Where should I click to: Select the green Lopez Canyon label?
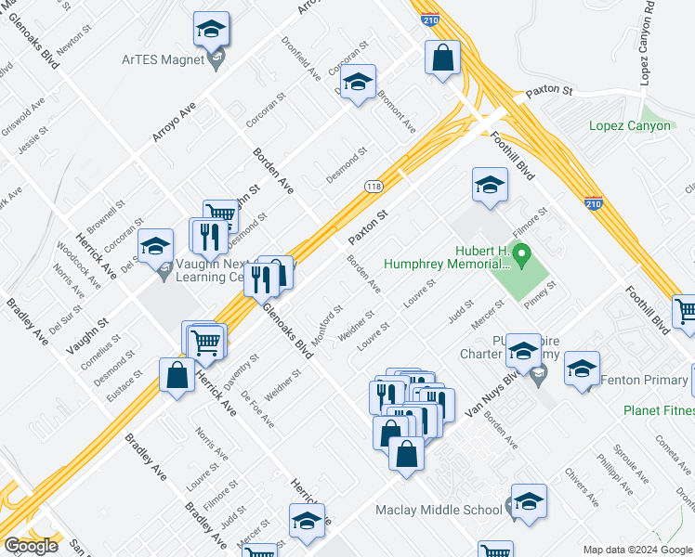tap(629, 125)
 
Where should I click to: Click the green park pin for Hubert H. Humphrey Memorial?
tap(522, 252)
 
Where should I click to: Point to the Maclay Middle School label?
tap(439, 510)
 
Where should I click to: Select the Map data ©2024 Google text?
tap(637, 550)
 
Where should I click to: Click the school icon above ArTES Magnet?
tap(212, 32)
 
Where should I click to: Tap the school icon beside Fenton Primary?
tap(582, 369)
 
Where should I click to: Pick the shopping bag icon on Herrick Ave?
tap(177, 376)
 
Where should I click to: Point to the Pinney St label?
tap(539, 291)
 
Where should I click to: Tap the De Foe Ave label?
tap(257, 408)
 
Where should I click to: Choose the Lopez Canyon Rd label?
tap(649, 51)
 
